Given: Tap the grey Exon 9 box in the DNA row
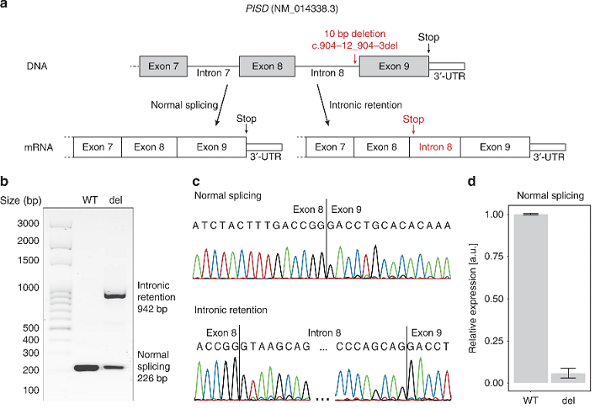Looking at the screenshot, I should (393, 65).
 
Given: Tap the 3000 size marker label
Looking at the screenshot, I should (29, 223).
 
